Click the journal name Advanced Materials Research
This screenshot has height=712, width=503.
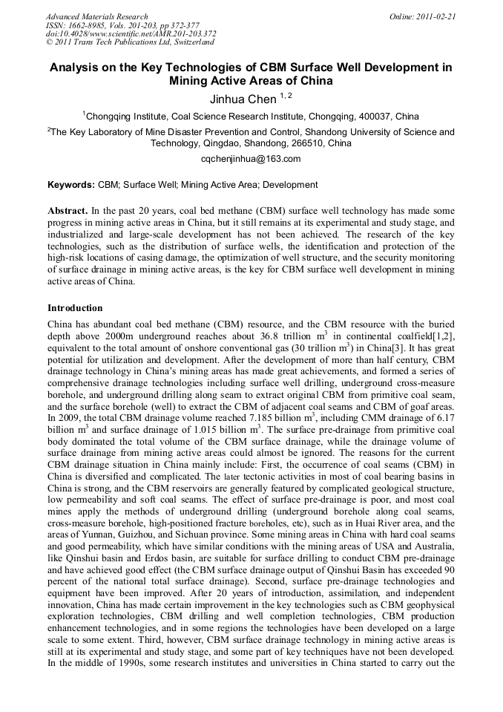coord(96,16)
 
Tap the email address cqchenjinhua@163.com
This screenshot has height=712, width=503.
coord(251,159)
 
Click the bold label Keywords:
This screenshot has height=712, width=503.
coord(71,185)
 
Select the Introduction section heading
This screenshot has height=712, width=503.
coord(75,307)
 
